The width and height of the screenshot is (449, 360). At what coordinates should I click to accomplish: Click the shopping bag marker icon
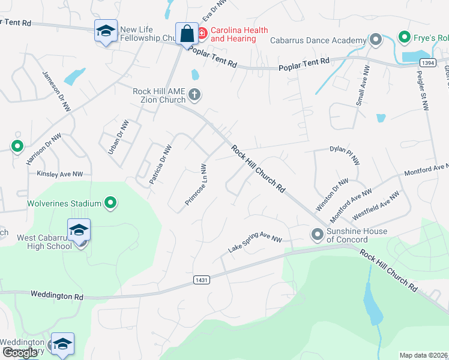pyautogui.click(x=187, y=33)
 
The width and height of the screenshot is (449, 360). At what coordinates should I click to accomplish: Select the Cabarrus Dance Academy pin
pyautogui.click(x=376, y=40)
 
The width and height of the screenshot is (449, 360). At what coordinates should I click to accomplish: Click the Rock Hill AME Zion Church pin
pyautogui.click(x=194, y=94)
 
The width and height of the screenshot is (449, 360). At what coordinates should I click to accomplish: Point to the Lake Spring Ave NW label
pyautogui.click(x=255, y=243)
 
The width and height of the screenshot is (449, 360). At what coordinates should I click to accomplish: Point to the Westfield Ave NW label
pyautogui.click(x=376, y=205)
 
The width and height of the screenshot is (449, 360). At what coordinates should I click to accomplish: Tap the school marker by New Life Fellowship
pyautogui.click(x=106, y=32)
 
